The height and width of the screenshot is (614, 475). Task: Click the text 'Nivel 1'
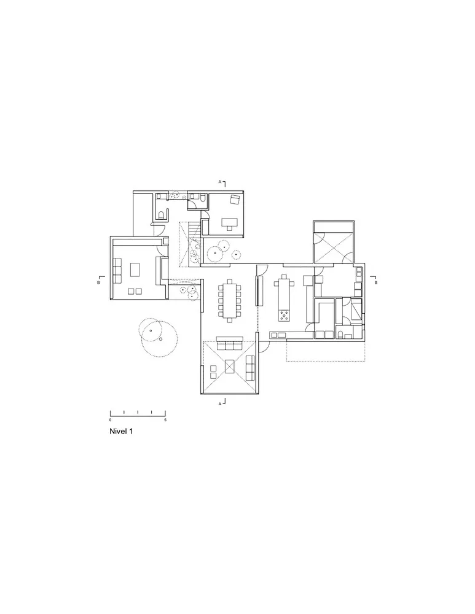(x=120, y=432)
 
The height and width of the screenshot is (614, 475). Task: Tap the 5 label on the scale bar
(x=165, y=420)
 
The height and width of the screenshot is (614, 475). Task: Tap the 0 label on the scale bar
(x=111, y=420)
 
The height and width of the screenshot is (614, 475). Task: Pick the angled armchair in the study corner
(x=234, y=199)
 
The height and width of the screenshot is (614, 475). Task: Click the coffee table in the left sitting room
(x=135, y=269)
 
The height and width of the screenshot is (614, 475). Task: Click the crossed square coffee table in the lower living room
(x=229, y=367)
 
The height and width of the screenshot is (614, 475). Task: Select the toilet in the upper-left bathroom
(x=160, y=215)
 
